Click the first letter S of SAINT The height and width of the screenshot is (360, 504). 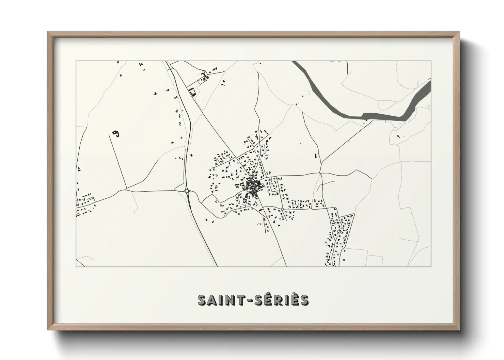click(202, 300)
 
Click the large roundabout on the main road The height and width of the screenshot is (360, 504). click(187, 191)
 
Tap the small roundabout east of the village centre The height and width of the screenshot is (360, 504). click(282, 209)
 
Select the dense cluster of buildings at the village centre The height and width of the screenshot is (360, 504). click(253, 186)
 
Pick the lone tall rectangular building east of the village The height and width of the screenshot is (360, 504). click(315, 156)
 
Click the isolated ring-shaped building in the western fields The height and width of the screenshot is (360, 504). click(116, 133)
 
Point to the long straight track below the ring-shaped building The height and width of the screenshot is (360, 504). click(118, 162)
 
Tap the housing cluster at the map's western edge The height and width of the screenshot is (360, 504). click(85, 204)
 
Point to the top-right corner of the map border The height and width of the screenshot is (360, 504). click(431, 61)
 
